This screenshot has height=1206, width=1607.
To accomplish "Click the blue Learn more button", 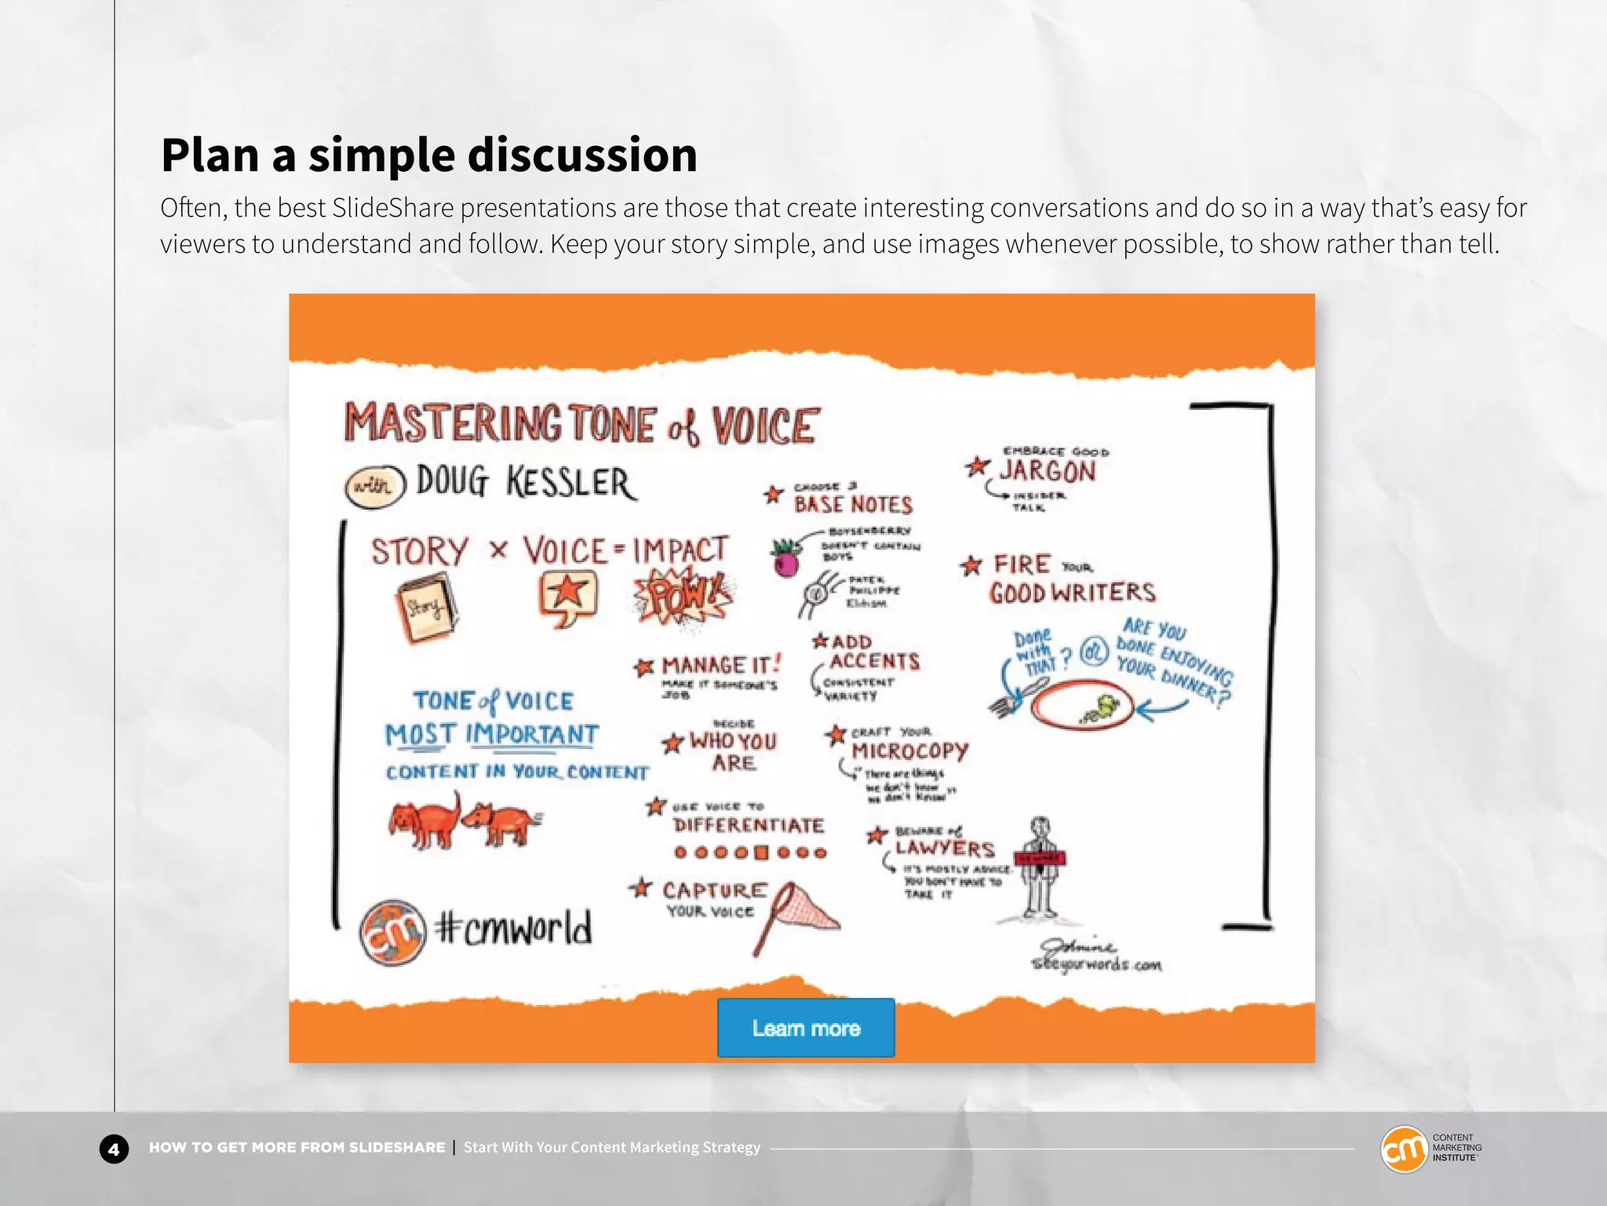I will [806, 1028].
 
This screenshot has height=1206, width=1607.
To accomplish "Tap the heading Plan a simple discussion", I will [429, 155].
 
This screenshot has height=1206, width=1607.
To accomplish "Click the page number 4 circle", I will [114, 1149].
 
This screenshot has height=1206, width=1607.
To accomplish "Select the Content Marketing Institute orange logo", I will [1404, 1149].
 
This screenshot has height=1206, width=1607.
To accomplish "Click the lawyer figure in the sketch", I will [1040, 868].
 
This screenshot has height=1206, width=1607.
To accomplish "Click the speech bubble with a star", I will [568, 596].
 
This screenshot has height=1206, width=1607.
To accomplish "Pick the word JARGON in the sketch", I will [1047, 471].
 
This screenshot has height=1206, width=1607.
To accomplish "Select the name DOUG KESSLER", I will [525, 482].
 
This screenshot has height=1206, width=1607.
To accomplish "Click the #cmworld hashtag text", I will [514, 929].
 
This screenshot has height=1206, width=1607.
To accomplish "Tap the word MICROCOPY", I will [910, 751].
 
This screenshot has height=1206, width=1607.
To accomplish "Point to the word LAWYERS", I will [945, 848].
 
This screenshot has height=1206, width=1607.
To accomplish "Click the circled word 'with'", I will [374, 486].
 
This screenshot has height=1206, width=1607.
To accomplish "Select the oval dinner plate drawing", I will [1081, 704].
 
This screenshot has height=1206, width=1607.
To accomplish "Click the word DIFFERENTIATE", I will [749, 825].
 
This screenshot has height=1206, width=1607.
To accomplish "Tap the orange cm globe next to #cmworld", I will [393, 932].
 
